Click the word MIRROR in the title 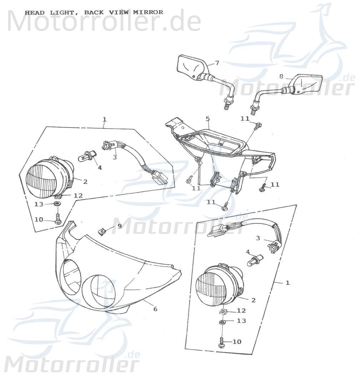[x=148, y=12]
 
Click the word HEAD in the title [x=35, y=13]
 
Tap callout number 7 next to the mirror [x=217, y=63]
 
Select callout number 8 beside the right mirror [x=281, y=76]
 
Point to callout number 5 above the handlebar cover [x=207, y=118]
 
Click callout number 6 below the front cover [x=155, y=309]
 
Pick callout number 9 [x=119, y=226]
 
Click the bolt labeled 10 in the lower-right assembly [x=221, y=342]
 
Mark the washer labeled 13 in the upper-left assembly [x=56, y=204]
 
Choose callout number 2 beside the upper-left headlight [x=85, y=181]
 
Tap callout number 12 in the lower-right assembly [x=241, y=310]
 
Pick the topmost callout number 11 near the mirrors [x=245, y=119]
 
